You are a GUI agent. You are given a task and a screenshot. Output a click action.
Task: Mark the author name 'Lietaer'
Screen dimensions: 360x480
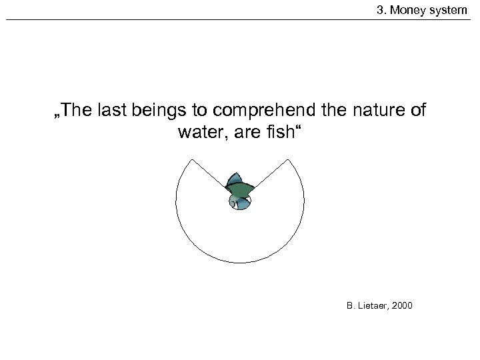point(374,306)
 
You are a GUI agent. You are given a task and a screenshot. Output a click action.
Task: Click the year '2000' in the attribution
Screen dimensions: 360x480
point(403,306)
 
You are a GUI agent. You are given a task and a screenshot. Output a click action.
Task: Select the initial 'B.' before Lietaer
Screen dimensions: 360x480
point(351,306)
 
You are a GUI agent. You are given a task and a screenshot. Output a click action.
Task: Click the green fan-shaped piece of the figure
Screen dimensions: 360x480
point(239,190)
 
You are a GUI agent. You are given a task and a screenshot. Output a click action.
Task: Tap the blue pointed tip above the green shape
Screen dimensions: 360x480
point(235,177)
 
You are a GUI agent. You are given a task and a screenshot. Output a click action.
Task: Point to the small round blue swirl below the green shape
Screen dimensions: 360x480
point(239,203)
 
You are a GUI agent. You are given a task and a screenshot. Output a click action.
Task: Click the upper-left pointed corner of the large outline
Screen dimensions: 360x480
point(191,160)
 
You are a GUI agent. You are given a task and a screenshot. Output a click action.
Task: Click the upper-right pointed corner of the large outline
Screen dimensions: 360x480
point(288,160)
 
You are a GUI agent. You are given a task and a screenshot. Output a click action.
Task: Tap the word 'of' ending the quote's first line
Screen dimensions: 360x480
point(416,111)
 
